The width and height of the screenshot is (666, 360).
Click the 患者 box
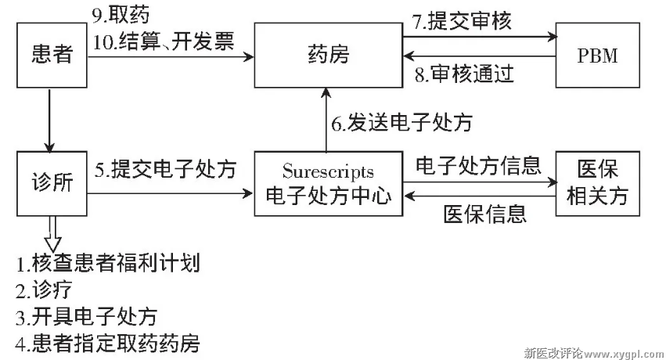click(x=50, y=56)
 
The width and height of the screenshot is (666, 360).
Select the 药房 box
click(x=328, y=56)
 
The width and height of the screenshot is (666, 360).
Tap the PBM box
click(x=597, y=56)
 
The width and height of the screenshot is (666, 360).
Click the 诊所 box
click(x=50, y=183)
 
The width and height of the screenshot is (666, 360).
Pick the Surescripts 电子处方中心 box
click(x=328, y=183)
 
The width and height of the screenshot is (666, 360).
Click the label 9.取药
click(x=121, y=15)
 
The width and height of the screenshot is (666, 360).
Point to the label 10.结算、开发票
click(x=164, y=41)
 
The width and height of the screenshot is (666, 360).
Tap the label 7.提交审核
click(x=462, y=21)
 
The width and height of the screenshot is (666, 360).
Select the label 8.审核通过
click(x=463, y=74)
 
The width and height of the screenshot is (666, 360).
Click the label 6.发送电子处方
click(x=401, y=123)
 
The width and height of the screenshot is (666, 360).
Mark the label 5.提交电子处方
click(x=166, y=169)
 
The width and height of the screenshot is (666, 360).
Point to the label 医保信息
click(x=484, y=213)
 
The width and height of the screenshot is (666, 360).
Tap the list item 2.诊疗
click(x=44, y=290)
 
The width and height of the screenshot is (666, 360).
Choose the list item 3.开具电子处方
click(x=86, y=316)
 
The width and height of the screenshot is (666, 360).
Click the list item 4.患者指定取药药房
click(x=107, y=343)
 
